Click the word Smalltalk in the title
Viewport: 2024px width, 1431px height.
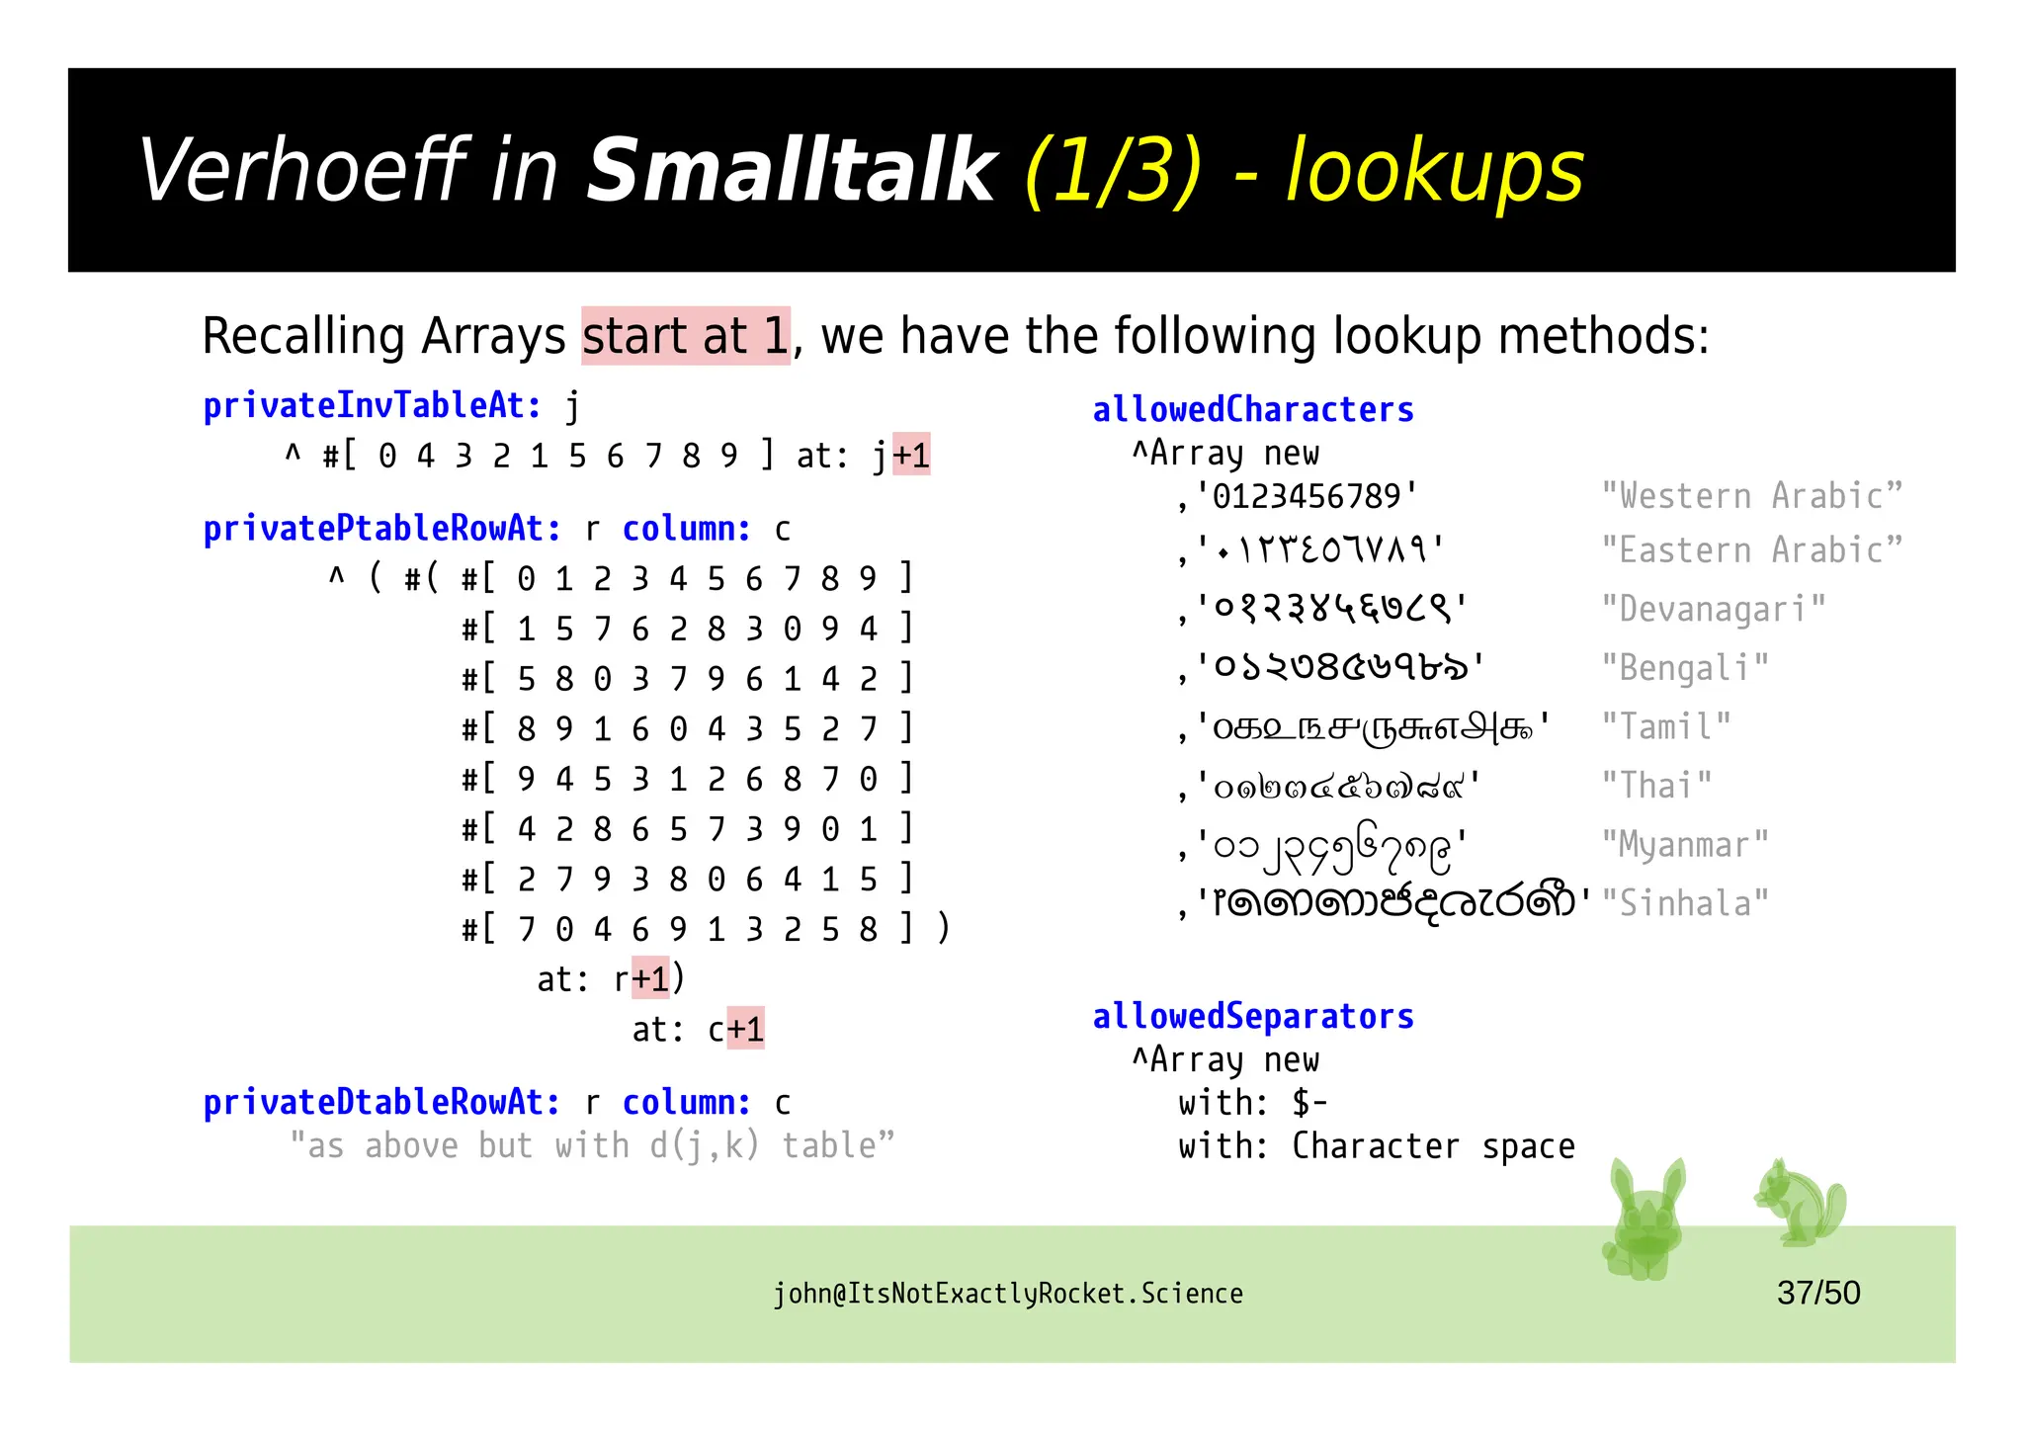791,170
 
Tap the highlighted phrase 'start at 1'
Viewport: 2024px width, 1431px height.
685,336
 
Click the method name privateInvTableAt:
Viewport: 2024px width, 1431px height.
373,405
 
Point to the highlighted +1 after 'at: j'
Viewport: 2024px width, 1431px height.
911,456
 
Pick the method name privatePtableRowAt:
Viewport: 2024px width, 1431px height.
381,529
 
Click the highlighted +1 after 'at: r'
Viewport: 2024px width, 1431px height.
650,978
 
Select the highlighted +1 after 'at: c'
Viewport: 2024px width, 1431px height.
745,1029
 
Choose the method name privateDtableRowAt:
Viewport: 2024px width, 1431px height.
381,1102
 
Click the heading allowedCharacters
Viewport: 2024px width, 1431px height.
1252,409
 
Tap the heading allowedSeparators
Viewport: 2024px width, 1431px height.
1252,1016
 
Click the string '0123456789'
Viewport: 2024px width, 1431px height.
1307,496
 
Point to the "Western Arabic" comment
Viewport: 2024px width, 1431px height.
1751,496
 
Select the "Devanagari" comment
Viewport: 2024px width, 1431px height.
1713,609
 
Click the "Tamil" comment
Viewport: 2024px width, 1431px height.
1665,727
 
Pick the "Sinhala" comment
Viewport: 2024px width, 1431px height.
1684,903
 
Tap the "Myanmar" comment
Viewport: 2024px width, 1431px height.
1684,845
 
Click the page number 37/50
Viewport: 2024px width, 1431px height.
1817,1293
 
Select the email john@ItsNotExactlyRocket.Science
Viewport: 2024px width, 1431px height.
1007,1294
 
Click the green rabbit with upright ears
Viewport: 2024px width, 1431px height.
1644,1221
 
